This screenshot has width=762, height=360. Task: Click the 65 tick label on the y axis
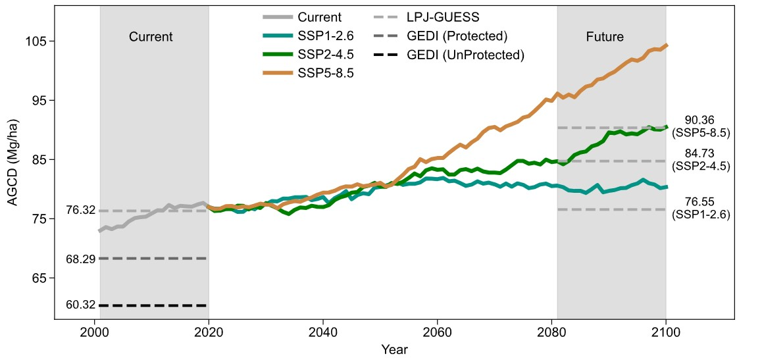point(38,278)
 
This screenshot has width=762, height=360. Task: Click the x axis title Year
point(395,349)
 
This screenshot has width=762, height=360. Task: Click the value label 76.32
point(81,211)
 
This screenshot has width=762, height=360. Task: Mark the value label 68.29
point(81,259)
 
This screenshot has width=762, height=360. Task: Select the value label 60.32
point(81,305)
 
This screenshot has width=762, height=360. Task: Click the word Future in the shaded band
point(604,37)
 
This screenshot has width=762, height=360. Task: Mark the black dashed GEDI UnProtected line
point(153,305)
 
